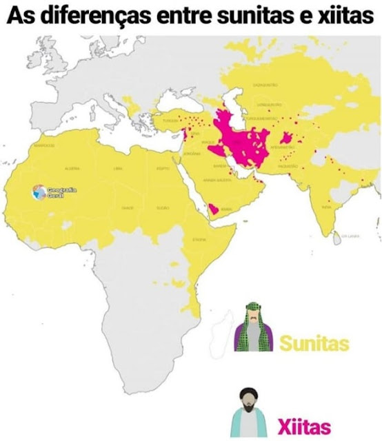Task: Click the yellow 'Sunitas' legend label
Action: coord(314,342)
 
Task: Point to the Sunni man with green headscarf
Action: coord(254,329)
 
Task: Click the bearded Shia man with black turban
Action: coord(250,411)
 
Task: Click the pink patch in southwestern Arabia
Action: coord(215,207)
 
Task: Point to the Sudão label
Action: coord(163,207)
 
